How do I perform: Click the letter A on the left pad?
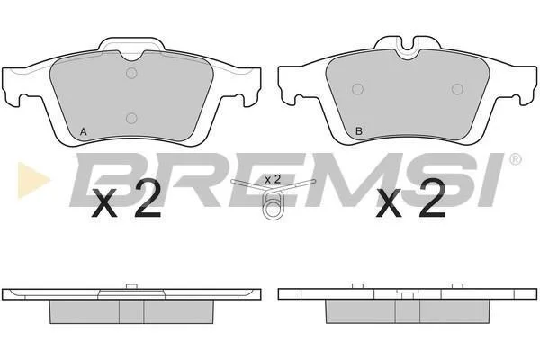pyautogui.click(x=84, y=131)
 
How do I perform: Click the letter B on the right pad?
pyautogui.click(x=359, y=131)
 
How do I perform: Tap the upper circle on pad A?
pyautogui.click(x=131, y=73)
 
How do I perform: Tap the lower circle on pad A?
pyautogui.click(x=131, y=119)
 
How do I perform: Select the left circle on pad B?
pyautogui.click(x=358, y=89)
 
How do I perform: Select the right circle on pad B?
pyautogui.click(x=457, y=89)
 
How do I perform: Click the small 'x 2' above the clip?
pyautogui.click(x=273, y=179)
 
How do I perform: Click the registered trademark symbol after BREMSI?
pyautogui.click(x=515, y=159)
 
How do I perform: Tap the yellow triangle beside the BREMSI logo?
pyautogui.click(x=32, y=180)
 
